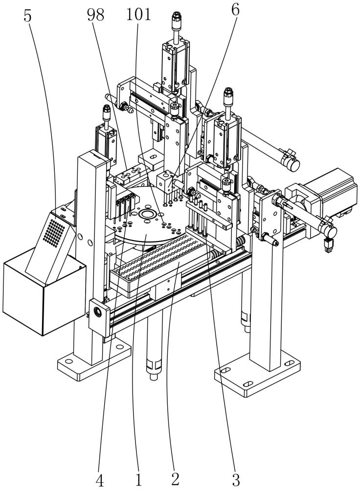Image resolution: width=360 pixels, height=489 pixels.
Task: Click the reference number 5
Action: [28, 16]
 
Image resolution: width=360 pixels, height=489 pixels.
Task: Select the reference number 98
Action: [95, 15]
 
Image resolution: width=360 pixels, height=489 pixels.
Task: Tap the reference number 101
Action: [138, 15]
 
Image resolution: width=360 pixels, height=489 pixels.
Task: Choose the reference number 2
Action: [175, 480]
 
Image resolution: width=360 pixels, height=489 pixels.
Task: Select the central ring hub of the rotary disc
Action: [146, 214]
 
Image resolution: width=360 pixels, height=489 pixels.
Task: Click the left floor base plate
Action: [93, 358]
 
